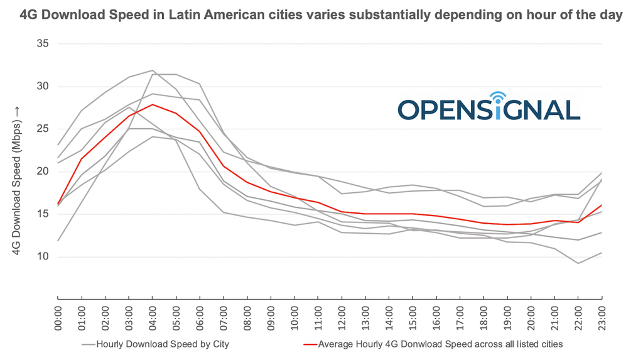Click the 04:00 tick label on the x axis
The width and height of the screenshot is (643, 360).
click(152, 317)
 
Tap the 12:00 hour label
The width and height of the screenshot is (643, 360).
click(342, 317)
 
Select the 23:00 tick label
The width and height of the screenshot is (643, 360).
click(602, 317)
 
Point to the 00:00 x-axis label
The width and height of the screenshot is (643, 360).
click(57, 317)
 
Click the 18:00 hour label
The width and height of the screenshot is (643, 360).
click(484, 317)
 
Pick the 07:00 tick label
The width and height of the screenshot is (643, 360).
click(223, 317)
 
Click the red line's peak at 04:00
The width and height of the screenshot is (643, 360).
click(152, 105)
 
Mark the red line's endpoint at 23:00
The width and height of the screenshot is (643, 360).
click(602, 205)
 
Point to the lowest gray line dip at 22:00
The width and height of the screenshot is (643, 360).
click(578, 263)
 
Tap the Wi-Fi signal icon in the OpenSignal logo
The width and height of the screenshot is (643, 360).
click(498, 97)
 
